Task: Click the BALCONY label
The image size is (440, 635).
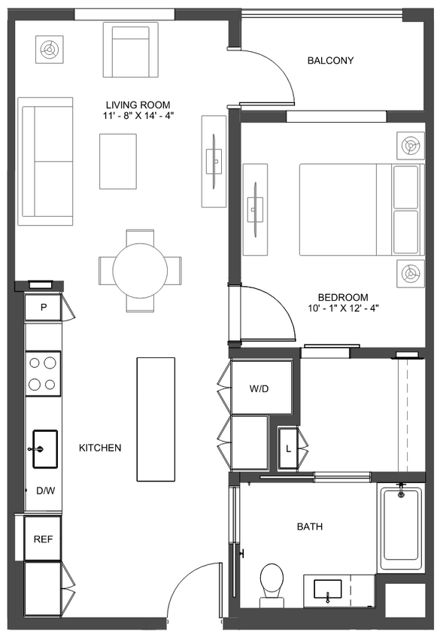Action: [x=330, y=61]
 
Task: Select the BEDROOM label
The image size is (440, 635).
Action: [x=342, y=297]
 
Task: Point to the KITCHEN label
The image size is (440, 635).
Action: [x=100, y=448]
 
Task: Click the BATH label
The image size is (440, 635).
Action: [x=309, y=527]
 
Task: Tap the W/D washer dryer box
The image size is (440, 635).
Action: [x=260, y=389]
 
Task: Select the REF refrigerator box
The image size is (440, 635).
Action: [x=41, y=539]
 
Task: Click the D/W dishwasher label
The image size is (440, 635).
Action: [x=44, y=491]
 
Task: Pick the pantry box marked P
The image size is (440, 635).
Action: [x=44, y=307]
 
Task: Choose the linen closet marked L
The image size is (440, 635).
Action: [x=289, y=449]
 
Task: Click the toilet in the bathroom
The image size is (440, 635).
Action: [x=271, y=583]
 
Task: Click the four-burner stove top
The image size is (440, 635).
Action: [x=43, y=373]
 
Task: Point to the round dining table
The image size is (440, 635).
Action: [x=140, y=270]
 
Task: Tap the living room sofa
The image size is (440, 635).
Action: [x=46, y=160]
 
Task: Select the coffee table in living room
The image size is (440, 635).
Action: [x=118, y=161]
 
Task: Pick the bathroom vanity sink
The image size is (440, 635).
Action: [x=328, y=589]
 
